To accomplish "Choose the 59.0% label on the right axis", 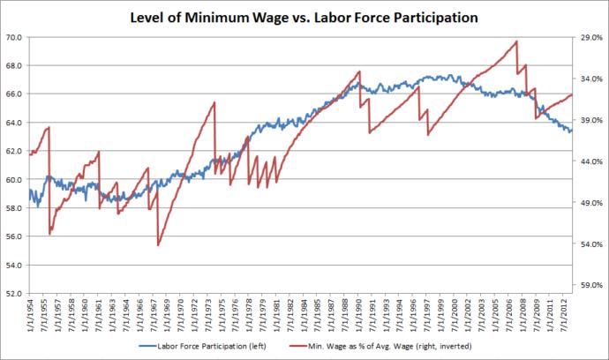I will (589, 285).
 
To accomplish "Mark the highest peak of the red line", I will (516, 41).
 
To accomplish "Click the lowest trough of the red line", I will (158, 245).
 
